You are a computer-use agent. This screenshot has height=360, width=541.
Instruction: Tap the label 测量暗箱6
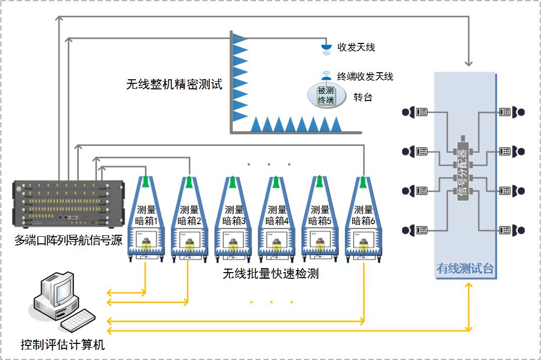363,215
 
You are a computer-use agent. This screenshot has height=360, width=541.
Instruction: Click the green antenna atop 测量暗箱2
189,182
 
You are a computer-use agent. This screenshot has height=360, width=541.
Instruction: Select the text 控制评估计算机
63,345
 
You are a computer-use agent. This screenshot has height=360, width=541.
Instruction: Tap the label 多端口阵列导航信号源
68,240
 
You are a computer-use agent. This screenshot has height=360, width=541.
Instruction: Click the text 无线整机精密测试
174,84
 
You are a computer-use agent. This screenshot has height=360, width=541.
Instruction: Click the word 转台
363,97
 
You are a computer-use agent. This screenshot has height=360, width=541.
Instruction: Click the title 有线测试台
464,269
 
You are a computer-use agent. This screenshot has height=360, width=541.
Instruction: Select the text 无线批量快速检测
271,274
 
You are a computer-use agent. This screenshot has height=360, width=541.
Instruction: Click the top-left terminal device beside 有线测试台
415,112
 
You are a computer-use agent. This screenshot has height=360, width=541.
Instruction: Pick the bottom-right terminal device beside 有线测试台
511,230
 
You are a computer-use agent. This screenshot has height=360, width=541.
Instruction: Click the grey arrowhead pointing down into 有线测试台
469,63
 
